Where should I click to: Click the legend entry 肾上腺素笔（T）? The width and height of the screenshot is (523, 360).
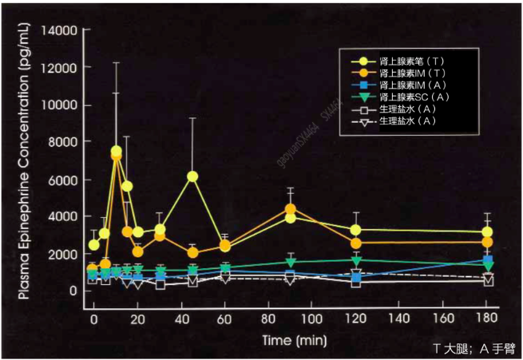pos(407,60)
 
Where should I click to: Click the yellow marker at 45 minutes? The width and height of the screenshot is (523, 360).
pos(192,176)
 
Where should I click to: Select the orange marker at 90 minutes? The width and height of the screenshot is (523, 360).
pos(291,209)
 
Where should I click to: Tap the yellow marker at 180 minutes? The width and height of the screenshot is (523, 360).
pos(486,232)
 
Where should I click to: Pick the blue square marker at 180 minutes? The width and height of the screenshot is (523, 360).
pos(486,260)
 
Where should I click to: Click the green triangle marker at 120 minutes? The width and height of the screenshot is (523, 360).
pos(356,261)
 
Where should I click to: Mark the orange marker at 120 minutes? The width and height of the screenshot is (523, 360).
pos(356,243)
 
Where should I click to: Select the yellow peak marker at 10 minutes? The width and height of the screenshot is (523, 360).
pos(117,151)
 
